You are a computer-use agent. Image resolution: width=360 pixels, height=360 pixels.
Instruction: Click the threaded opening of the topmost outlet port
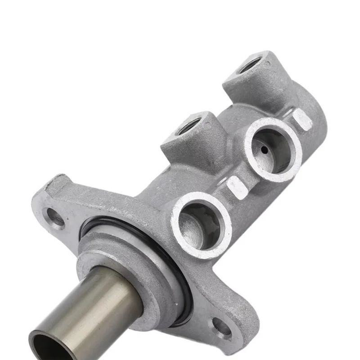click(249, 65)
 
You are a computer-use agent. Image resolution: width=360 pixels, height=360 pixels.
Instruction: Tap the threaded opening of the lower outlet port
click(189, 126)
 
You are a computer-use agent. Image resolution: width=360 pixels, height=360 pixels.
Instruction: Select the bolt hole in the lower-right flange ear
click(221, 328)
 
